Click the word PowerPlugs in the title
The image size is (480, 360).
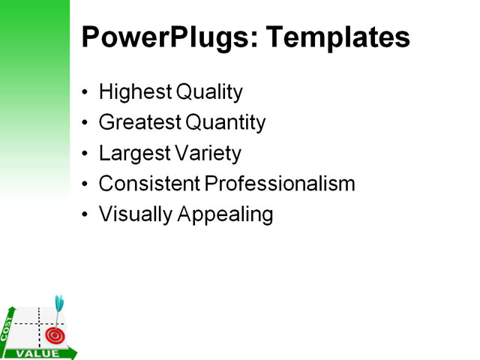click(x=162, y=37)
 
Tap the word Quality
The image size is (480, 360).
click(x=209, y=93)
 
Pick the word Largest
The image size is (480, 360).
click(x=133, y=154)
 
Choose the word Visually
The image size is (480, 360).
click(x=135, y=214)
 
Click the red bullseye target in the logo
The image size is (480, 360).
click(x=52, y=334)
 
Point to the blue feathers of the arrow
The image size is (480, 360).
click(x=59, y=303)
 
